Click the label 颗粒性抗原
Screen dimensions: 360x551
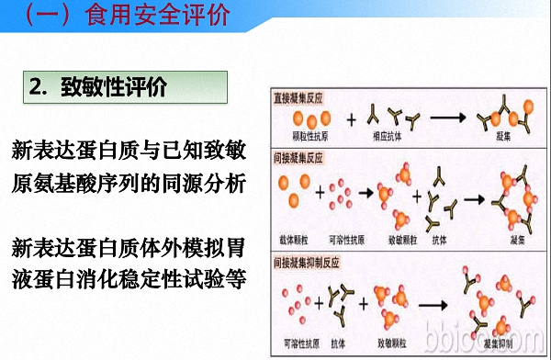pos(309,136)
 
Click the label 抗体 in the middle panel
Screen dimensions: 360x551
pos(449,241)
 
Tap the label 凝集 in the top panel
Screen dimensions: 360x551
pos(503,136)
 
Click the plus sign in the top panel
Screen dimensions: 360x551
pos(351,118)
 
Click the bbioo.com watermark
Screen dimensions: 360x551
pos(505,339)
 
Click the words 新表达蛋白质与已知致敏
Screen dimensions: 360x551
pos(129,150)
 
